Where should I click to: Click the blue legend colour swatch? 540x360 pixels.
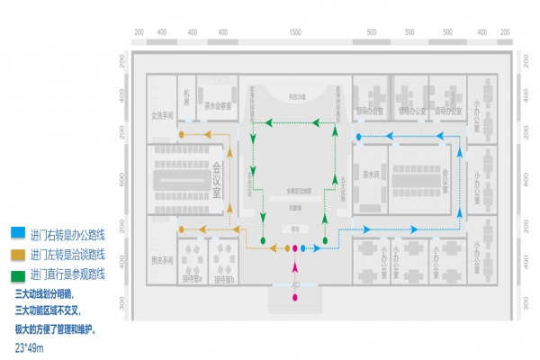click(18, 231)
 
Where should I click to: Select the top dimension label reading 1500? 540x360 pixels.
click(295, 32)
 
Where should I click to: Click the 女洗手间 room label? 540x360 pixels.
click(162, 115)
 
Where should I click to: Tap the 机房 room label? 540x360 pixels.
click(187, 98)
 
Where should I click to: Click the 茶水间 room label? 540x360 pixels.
click(371, 174)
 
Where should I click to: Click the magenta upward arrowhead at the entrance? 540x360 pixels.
click(294, 265)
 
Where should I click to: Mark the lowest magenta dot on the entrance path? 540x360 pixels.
click(294, 297)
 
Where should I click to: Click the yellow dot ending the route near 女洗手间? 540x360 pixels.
click(181, 136)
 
